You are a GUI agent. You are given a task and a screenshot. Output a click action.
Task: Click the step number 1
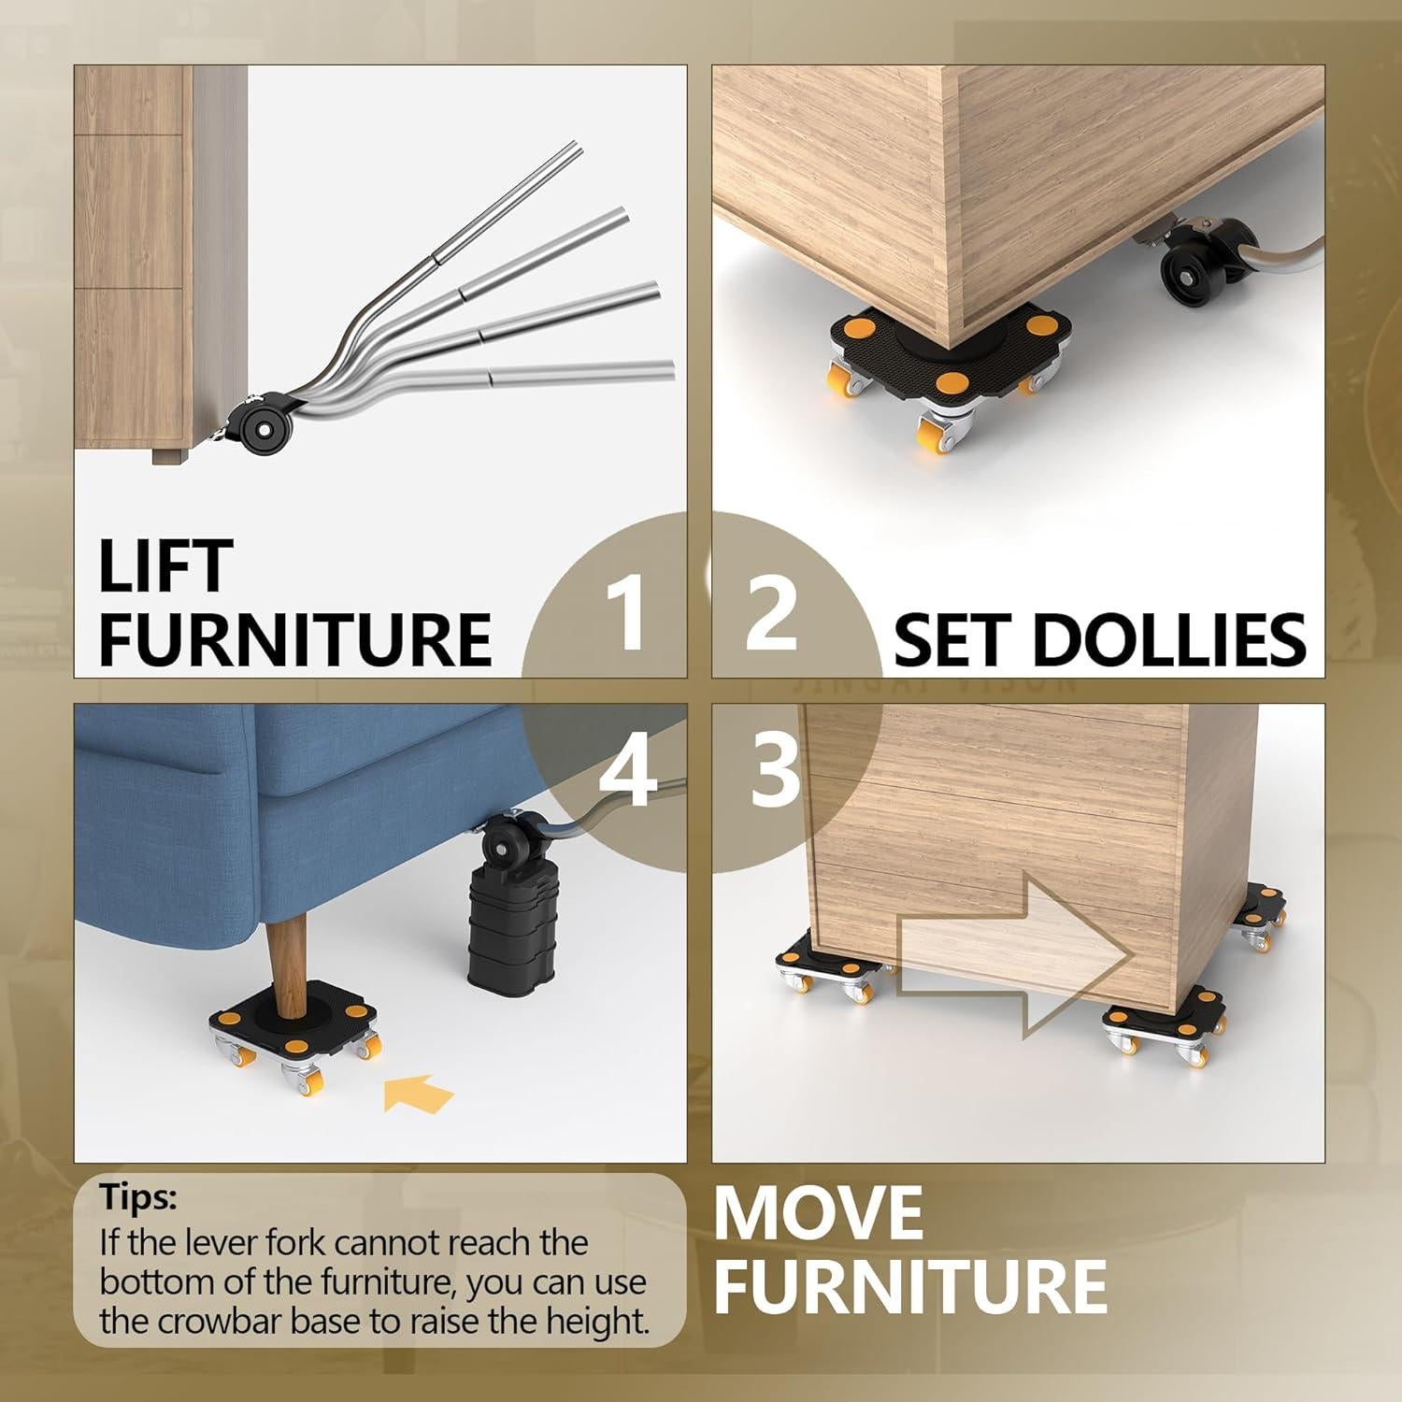pyautogui.click(x=624, y=613)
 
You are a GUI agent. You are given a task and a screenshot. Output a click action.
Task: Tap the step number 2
pyautogui.click(x=772, y=613)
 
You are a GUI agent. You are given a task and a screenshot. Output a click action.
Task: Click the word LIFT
pyautogui.click(x=165, y=566)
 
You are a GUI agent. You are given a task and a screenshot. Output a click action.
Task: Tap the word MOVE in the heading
pyautogui.click(x=819, y=1213)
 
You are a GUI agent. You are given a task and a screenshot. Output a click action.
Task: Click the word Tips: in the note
pyautogui.click(x=138, y=1197)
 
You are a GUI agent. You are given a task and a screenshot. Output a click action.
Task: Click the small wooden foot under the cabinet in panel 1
pyautogui.click(x=167, y=457)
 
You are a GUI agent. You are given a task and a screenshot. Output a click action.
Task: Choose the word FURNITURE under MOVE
pyautogui.click(x=910, y=1286)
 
